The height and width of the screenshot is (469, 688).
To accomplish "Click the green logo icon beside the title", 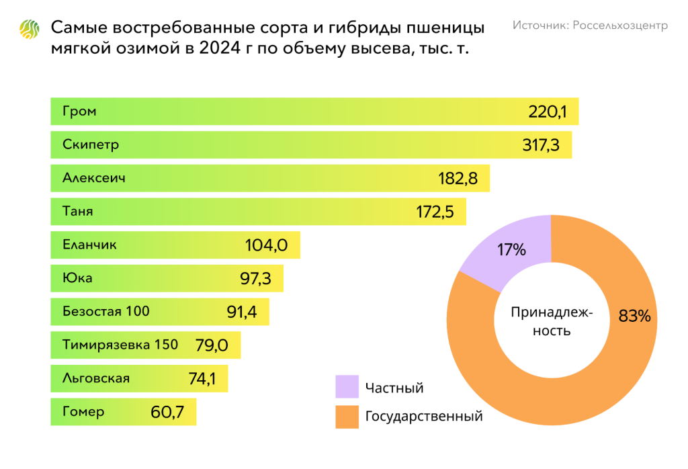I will click(x=30, y=30).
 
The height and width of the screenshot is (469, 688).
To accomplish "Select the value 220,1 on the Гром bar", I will click(x=548, y=112).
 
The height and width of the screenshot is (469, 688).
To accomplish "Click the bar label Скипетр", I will click(x=91, y=144).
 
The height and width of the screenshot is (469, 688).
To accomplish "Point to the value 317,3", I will click(x=541, y=145).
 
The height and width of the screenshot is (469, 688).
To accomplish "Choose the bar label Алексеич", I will click(x=93, y=178).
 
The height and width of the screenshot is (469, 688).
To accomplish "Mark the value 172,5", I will click(x=435, y=212).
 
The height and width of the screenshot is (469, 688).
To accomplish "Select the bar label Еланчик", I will click(x=89, y=245).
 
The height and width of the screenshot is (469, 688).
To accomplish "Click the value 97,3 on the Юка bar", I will click(x=255, y=279).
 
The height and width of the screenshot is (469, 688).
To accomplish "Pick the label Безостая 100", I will click(x=106, y=311).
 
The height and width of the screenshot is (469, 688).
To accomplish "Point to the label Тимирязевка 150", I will click(x=120, y=345).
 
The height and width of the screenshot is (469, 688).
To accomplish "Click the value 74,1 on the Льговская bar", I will click(x=202, y=379).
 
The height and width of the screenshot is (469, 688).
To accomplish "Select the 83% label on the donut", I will click(x=634, y=316).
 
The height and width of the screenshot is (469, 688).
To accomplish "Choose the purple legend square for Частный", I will click(x=347, y=388).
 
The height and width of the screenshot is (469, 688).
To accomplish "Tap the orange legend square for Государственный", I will click(x=347, y=417).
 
